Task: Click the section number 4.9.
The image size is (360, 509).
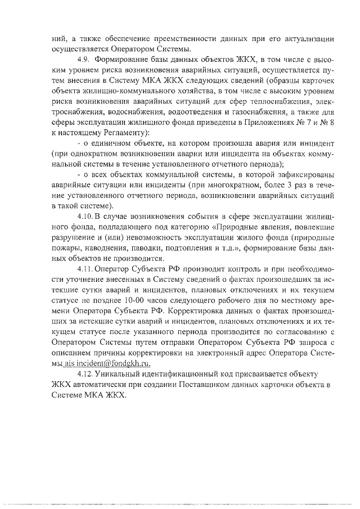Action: click(83, 59)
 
